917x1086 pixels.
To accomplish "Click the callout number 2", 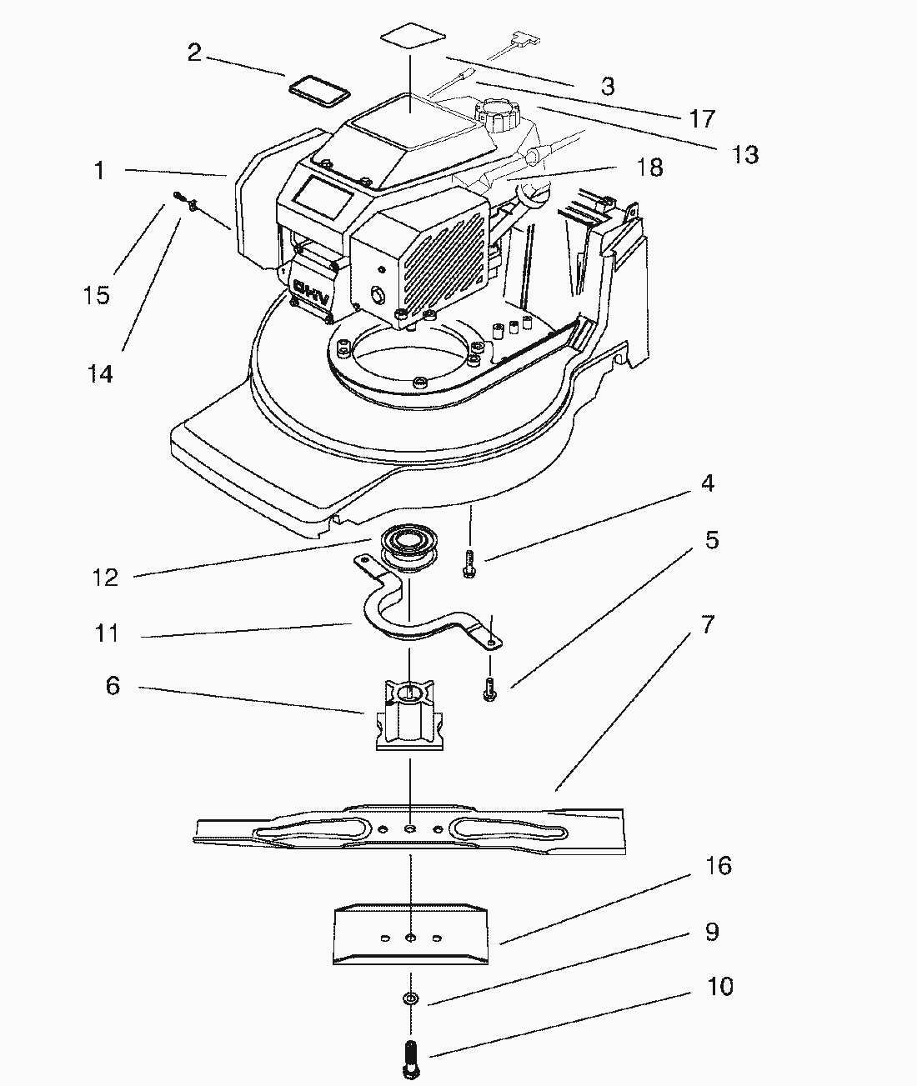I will (194, 53).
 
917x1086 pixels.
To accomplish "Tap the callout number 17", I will (703, 118).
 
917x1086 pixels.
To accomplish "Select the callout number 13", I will (745, 154).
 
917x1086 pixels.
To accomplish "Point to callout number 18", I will (649, 168).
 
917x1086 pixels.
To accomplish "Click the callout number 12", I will (106, 577).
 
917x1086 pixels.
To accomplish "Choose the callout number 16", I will (718, 866).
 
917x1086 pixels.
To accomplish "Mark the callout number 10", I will (719, 987).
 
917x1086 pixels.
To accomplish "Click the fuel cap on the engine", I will (496, 113).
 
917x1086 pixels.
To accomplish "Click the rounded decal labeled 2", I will (318, 89).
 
